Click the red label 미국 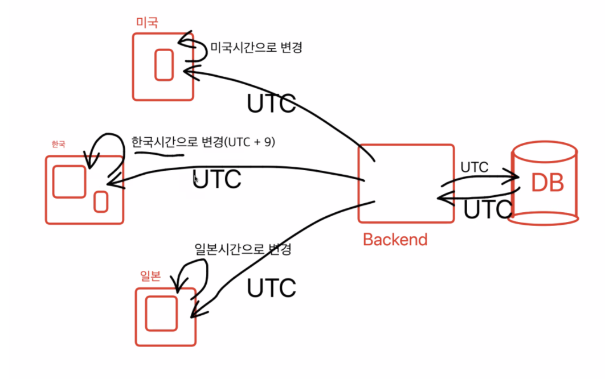pyautogui.click(x=146, y=22)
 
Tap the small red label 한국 pyautogui.click(x=58, y=145)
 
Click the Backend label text pyautogui.click(x=395, y=239)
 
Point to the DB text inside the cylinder pyautogui.click(x=547, y=183)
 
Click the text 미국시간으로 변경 pyautogui.click(x=256, y=47)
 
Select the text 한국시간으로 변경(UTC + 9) pyautogui.click(x=203, y=142)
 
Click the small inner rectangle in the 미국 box pyautogui.click(x=164, y=64)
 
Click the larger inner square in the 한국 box pyautogui.click(x=69, y=182)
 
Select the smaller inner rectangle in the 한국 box pyautogui.click(x=101, y=201)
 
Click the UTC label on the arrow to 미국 pyautogui.click(x=271, y=104)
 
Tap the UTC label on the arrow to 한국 pyautogui.click(x=217, y=179)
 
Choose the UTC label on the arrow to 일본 pyautogui.click(x=271, y=288)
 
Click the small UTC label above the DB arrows pyautogui.click(x=474, y=167)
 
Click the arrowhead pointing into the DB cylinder pyautogui.click(x=514, y=177)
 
